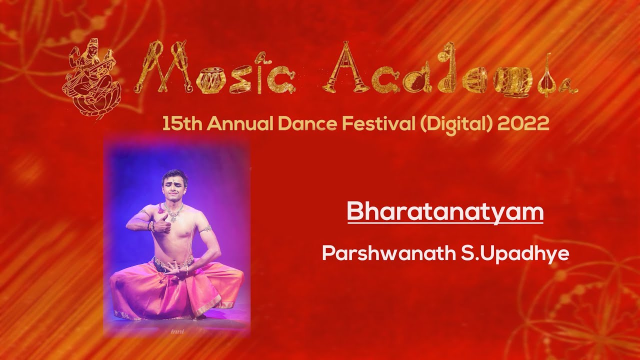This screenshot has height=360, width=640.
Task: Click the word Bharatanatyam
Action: point(445,212)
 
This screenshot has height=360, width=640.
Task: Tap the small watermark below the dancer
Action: point(177,331)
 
